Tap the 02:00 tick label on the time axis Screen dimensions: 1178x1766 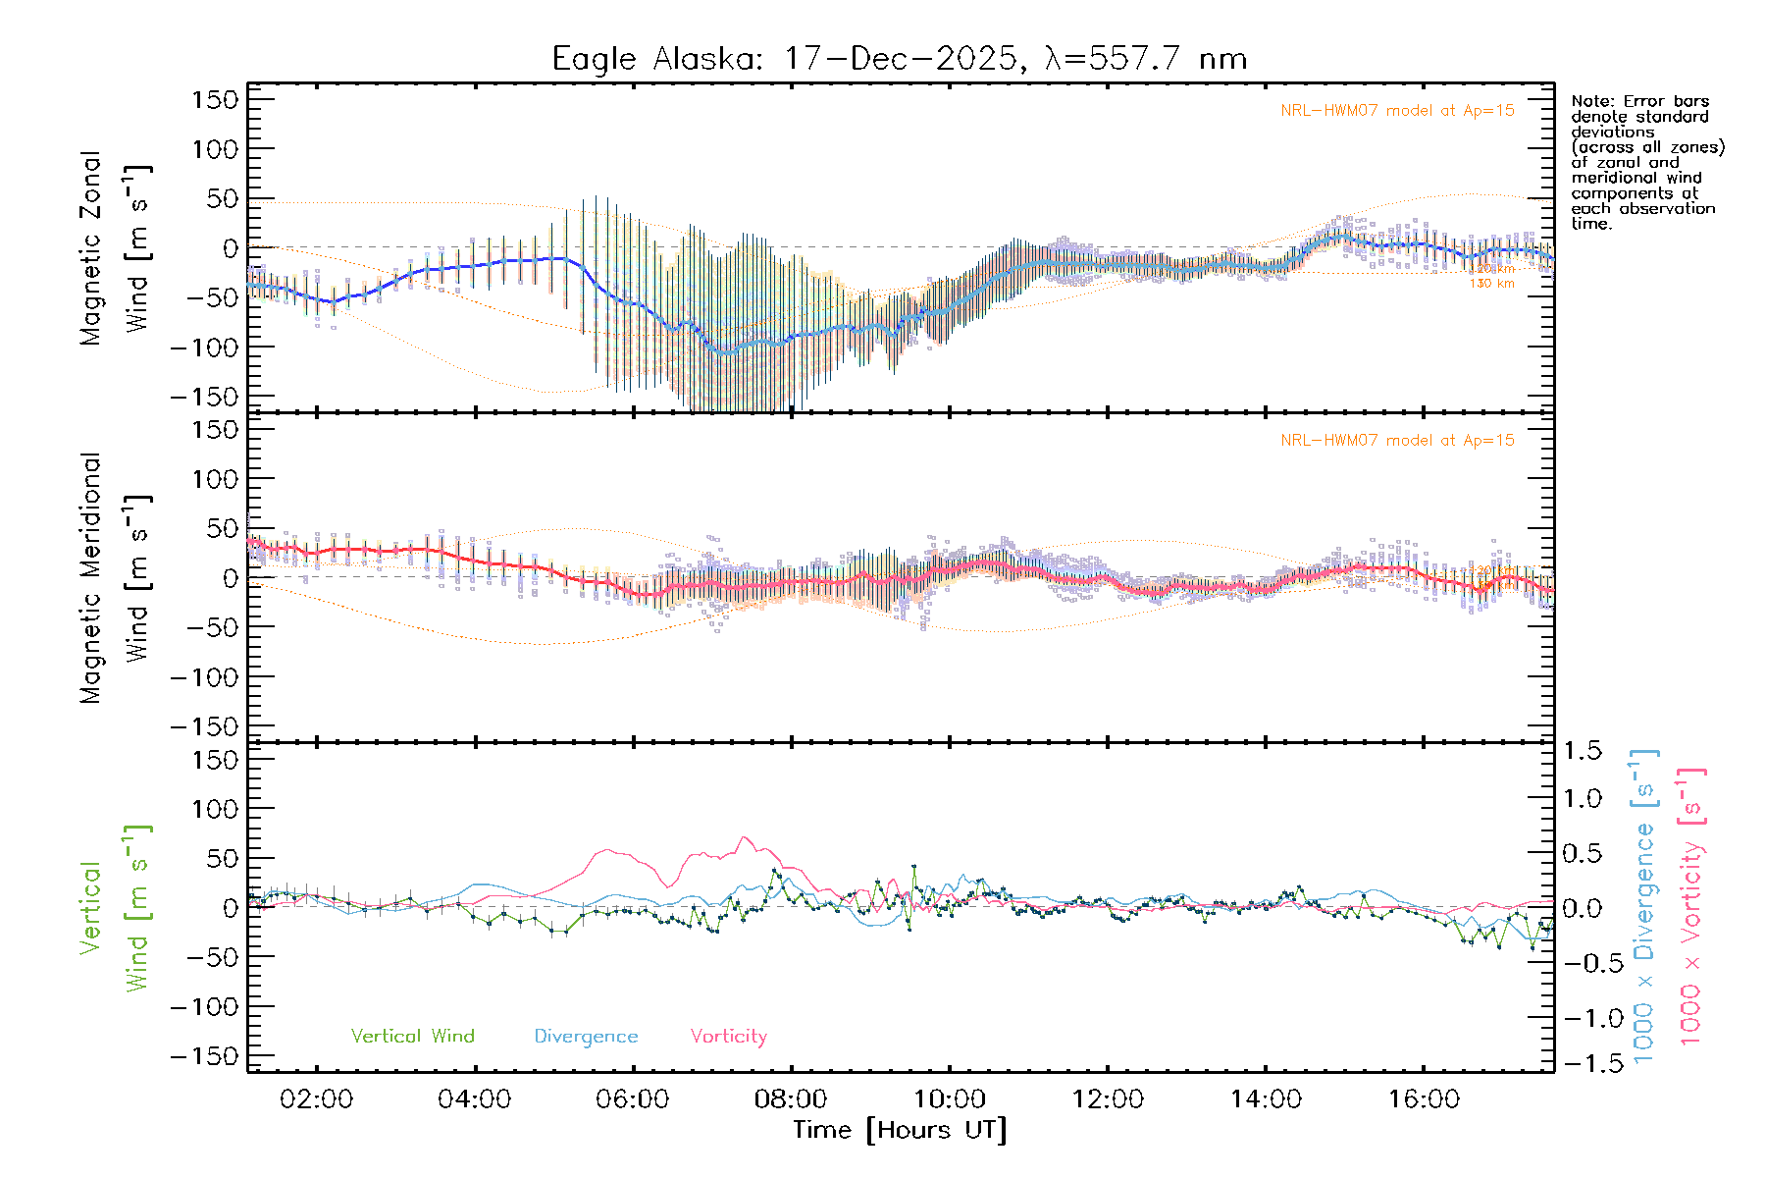pyautogui.click(x=316, y=1098)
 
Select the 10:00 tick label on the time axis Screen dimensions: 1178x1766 pyautogui.click(x=950, y=1098)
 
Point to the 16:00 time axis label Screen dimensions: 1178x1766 pyautogui.click(x=1424, y=1098)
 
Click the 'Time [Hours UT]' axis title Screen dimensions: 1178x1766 pyautogui.click(x=900, y=1130)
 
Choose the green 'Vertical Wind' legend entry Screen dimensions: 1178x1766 pyautogui.click(x=412, y=1036)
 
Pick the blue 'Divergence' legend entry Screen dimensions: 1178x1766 pyautogui.click(x=586, y=1036)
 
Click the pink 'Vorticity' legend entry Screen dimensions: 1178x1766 pyautogui.click(x=728, y=1036)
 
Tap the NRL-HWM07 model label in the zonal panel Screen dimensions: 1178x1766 pyautogui.click(x=1397, y=111)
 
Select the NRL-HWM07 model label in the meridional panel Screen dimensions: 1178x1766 pyautogui.click(x=1397, y=441)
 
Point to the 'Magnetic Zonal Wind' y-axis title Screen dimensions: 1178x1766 pyautogui.click(x=115, y=247)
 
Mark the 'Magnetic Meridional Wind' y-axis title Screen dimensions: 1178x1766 pyautogui.click(x=115, y=577)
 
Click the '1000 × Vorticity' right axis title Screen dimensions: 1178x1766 pyautogui.click(x=1691, y=907)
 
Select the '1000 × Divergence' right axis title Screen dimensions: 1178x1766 pyautogui.click(x=1644, y=907)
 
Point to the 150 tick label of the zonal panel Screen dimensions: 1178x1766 pyautogui.click(x=215, y=99)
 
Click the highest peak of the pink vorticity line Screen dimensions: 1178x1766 pyautogui.click(x=745, y=837)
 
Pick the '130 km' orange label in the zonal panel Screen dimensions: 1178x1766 pyautogui.click(x=1491, y=284)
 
